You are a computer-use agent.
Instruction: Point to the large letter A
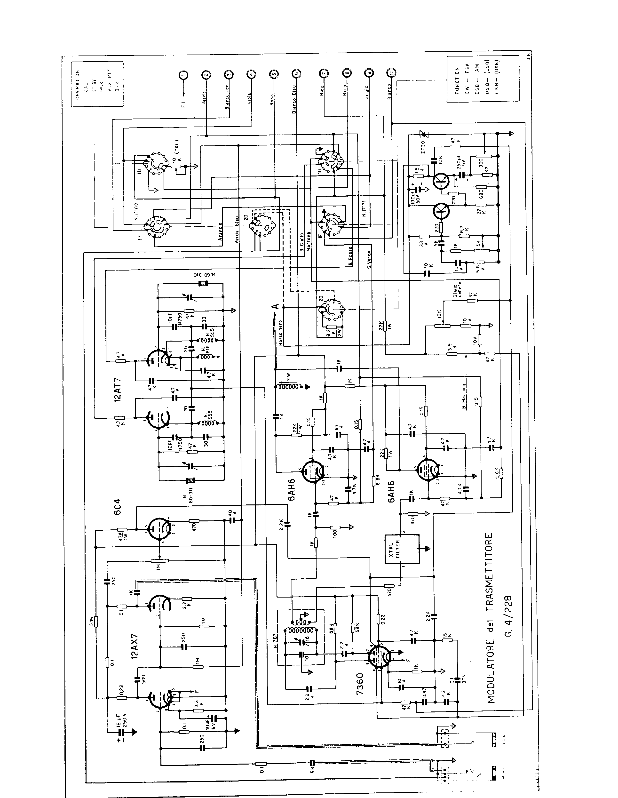(276, 306)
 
